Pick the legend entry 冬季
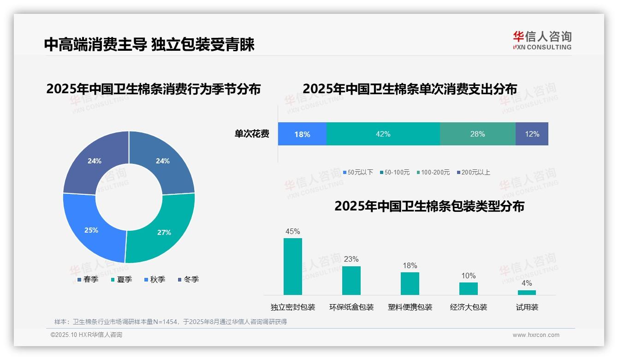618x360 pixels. click(x=188, y=280)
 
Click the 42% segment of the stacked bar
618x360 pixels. click(x=383, y=134)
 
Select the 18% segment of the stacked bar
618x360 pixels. click(x=302, y=134)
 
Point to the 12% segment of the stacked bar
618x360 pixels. click(x=532, y=134)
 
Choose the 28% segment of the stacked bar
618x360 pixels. click(x=477, y=134)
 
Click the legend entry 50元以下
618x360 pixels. click(x=358, y=173)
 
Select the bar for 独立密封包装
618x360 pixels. click(x=293, y=266)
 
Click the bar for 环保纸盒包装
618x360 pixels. click(x=351, y=280)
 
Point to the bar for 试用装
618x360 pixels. click(x=527, y=292)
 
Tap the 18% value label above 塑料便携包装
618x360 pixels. click(x=410, y=265)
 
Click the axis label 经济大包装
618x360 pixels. click(x=469, y=307)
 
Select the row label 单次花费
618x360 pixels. click(x=252, y=134)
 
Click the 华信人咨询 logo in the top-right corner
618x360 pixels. click(x=542, y=41)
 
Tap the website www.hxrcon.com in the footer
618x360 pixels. click(x=536, y=335)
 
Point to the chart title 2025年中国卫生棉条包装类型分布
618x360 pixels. click(x=429, y=206)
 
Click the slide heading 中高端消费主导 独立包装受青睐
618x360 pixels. click(x=149, y=45)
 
